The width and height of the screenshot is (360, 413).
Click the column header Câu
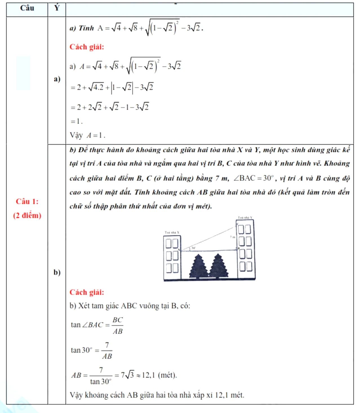pos(27,8)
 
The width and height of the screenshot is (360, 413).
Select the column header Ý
pos(57,8)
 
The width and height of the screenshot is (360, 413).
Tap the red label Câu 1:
pos(27,201)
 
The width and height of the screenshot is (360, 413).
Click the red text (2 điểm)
pos(27,216)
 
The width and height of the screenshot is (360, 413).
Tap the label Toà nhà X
pos(172,232)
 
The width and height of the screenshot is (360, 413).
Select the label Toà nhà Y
pos(245,217)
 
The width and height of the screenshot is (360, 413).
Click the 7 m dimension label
pos(232,237)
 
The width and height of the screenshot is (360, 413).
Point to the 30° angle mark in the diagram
pos(193,248)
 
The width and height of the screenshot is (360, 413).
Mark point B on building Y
pos(238,248)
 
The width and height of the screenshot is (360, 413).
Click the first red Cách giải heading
pos(87,47)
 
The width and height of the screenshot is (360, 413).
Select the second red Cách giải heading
pos(87,292)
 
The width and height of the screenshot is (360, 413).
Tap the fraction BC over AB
pos(118,325)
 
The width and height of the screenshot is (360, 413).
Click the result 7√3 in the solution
pos(127,375)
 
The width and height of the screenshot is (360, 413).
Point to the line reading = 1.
pos(76,121)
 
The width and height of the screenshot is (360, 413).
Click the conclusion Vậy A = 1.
pos(87,136)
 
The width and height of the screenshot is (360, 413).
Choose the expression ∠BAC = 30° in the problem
pos(254,178)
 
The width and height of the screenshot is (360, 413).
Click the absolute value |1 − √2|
pos(122,88)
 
